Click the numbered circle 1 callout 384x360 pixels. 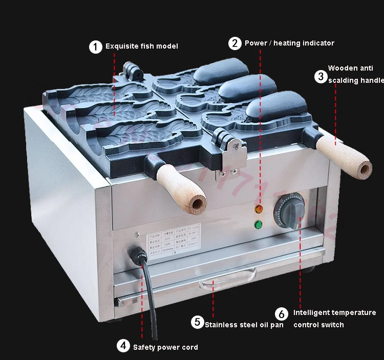96,47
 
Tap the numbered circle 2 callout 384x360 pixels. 234,43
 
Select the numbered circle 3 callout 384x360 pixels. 320,77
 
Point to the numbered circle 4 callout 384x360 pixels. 123,346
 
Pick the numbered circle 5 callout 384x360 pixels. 198,322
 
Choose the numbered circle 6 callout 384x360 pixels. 282,313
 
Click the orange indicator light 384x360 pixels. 259,209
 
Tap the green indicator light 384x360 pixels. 259,224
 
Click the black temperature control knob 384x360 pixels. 289,210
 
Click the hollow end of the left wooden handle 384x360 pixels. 197,204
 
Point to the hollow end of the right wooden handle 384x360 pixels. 365,169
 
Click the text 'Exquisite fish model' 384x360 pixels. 142,47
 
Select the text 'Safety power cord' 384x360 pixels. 165,347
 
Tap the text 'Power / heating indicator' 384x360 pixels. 289,43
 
